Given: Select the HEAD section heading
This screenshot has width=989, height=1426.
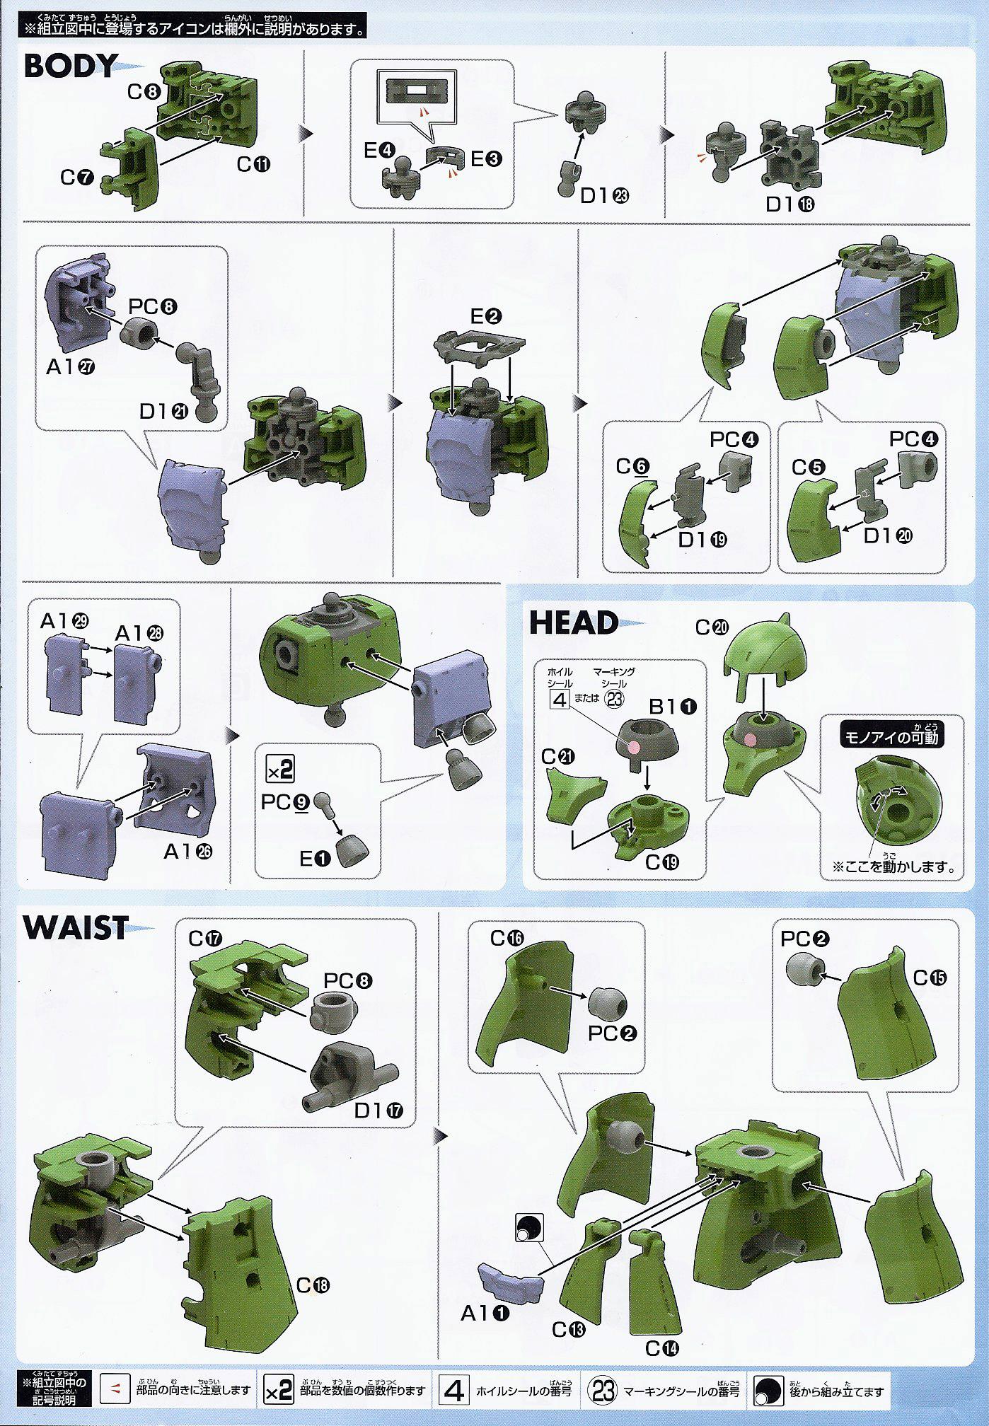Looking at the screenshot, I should point(573,623).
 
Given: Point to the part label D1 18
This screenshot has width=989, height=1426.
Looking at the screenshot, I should point(790,204).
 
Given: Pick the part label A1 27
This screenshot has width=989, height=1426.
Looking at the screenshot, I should point(71,367).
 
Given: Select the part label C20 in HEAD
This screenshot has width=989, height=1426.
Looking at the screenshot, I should point(712,627).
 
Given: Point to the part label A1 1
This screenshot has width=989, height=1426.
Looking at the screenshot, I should point(485,1314).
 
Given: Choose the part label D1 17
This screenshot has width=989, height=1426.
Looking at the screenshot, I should point(378,1111).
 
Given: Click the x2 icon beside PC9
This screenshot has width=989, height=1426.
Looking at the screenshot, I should point(279,769).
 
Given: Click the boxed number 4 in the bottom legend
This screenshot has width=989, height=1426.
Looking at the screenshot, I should point(453,1391).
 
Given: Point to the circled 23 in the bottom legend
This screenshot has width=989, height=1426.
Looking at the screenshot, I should point(603,1391).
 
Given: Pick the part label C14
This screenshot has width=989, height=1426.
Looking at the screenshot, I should point(662,1348).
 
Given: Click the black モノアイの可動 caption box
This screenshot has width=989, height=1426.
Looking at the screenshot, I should point(891,737).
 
